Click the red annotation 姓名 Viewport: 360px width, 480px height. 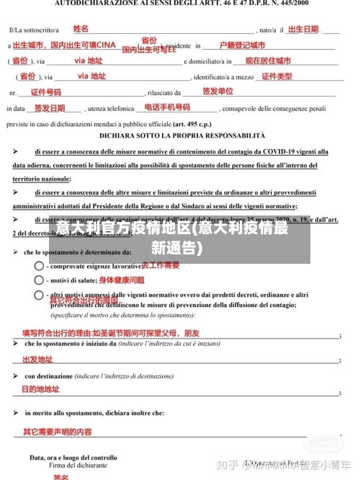pyautogui.click(x=81, y=29)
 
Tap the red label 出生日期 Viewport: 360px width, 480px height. pyautogui.click(x=302, y=30)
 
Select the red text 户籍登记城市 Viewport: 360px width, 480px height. pyautogui.click(x=242, y=45)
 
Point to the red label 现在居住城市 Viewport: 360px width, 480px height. pyautogui.click(x=268, y=61)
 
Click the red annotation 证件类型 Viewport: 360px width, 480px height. pyautogui.click(x=276, y=76)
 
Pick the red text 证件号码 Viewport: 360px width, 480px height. pyautogui.click(x=45, y=92)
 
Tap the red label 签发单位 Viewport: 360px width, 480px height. pyautogui.click(x=217, y=92)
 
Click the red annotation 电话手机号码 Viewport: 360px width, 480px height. pyautogui.click(x=167, y=107)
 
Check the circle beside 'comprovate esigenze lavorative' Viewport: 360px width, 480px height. pyautogui.click(x=39, y=265)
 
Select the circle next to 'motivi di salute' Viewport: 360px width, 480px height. pyautogui.click(x=39, y=280)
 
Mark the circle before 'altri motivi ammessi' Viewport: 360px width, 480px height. pyautogui.click(x=39, y=295)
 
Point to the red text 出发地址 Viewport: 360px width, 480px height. pyautogui.click(x=37, y=360)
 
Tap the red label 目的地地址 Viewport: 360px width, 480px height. pyautogui.click(x=40, y=389)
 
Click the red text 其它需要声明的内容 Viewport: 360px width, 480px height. pyautogui.click(x=57, y=432)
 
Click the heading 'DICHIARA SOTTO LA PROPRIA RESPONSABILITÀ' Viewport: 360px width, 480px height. pyautogui.click(x=182, y=135)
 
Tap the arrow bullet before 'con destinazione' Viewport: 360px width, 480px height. pyautogui.click(x=15, y=376)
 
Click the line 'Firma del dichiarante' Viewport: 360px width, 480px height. pyautogui.click(x=73, y=466)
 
